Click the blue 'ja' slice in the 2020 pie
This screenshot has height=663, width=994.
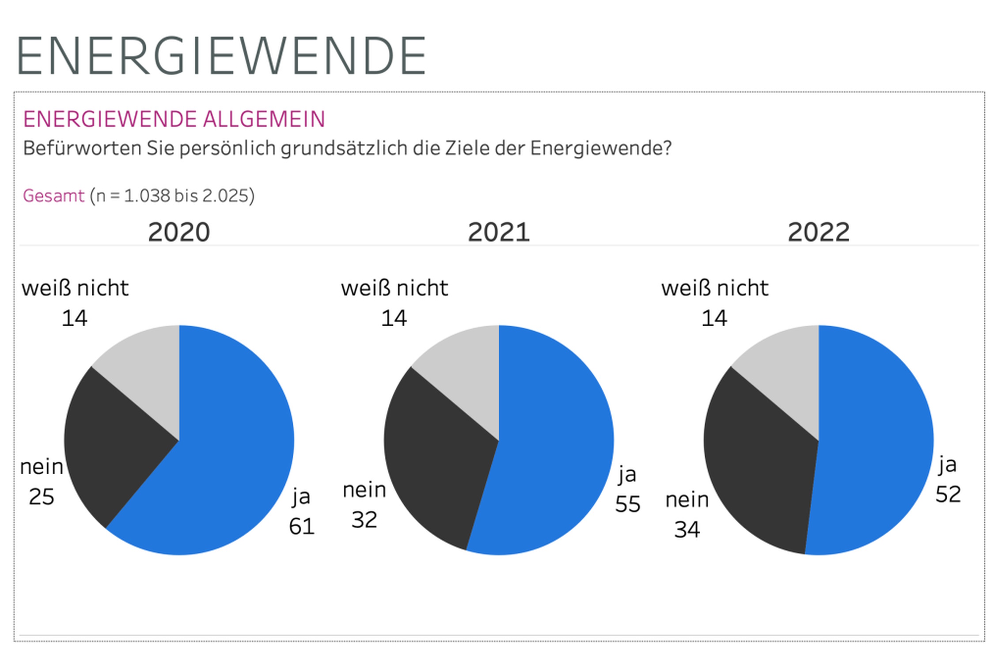click(230, 464)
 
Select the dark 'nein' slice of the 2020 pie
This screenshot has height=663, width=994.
click(115, 446)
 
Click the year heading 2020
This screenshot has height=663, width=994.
click(179, 232)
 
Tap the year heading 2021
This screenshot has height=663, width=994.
click(499, 232)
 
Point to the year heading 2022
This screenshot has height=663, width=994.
click(819, 232)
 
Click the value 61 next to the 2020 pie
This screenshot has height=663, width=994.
click(302, 526)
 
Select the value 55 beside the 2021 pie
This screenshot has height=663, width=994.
click(628, 504)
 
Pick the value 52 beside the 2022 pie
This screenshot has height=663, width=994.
click(948, 494)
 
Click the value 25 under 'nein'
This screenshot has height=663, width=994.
click(42, 497)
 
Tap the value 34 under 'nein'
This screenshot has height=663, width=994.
click(687, 530)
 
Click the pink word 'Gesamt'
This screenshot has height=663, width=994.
click(53, 196)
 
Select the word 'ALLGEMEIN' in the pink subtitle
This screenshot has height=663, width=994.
click(264, 119)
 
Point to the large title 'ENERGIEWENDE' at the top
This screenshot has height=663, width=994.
click(221, 56)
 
